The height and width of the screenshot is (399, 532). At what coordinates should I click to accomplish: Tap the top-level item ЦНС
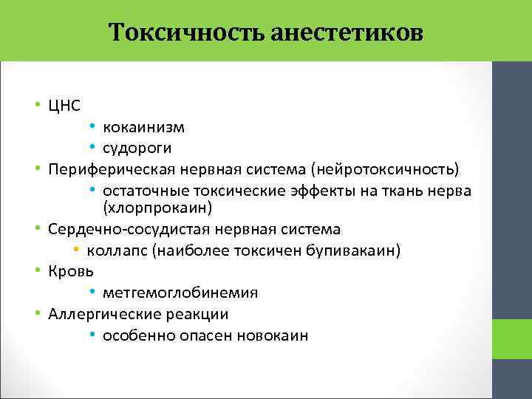point(64,106)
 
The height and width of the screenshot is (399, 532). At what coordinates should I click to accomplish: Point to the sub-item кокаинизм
point(143,128)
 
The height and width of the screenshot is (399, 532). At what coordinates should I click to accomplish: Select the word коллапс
point(121,251)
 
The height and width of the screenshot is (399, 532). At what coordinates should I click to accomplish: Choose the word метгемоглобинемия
point(180,293)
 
